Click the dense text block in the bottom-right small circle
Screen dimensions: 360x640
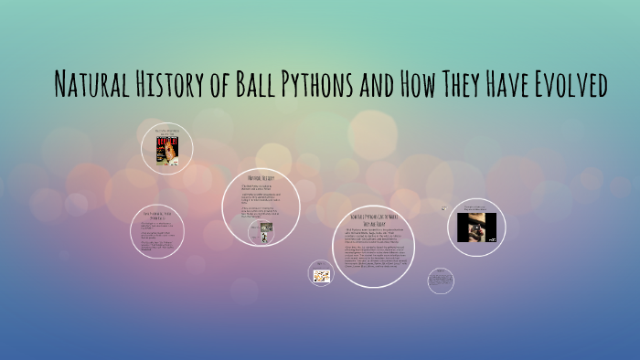click(441, 280)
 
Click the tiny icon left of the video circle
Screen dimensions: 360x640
click(443, 208)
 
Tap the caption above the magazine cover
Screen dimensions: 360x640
click(165, 131)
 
